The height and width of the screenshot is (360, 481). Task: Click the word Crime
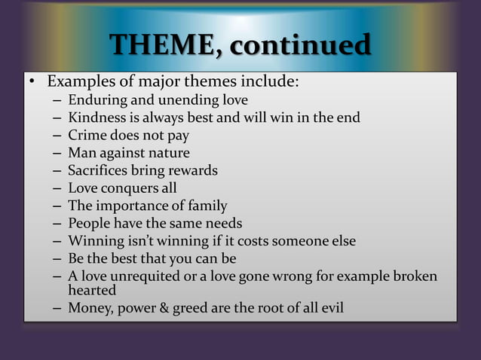[86, 136]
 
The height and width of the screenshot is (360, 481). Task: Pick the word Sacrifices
[98, 170]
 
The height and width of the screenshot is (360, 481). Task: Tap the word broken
[414, 276]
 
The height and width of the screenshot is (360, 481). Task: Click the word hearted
[92, 290]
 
